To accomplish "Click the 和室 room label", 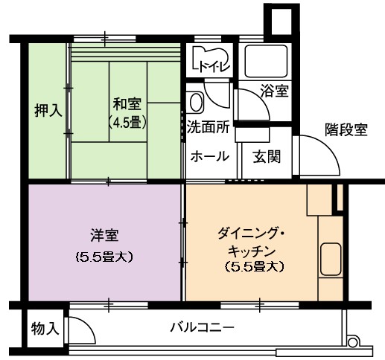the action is pyautogui.click(x=127, y=104).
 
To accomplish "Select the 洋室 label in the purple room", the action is pyautogui.click(x=104, y=235).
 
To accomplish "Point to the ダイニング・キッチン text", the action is pyautogui.click(x=252, y=242).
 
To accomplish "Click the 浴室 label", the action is pyautogui.click(x=274, y=91).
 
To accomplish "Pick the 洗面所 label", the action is pyautogui.click(x=208, y=127).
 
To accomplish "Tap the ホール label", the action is pyautogui.click(x=209, y=156).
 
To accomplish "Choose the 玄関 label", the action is pyautogui.click(x=267, y=156).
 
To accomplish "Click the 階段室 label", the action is pyautogui.click(x=346, y=129).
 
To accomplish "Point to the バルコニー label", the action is pyautogui.click(x=202, y=327).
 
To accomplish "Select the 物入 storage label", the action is pyautogui.click(x=45, y=329).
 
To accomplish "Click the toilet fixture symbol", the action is pyautogui.click(x=211, y=59).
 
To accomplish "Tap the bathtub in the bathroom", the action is pyautogui.click(x=266, y=61).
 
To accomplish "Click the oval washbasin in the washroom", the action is pyautogui.click(x=197, y=102).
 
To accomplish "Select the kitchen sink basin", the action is pyautogui.click(x=330, y=259).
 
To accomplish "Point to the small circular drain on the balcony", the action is pyautogui.click(x=351, y=342).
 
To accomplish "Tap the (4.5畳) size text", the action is pyautogui.click(x=127, y=122).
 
